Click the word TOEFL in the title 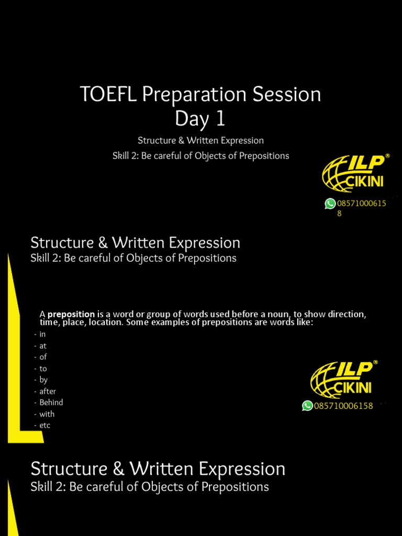click(x=102, y=95)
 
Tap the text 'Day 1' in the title click(x=200, y=119)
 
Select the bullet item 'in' click(x=43, y=334)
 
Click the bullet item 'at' click(x=43, y=345)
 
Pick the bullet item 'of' click(x=43, y=357)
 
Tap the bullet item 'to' click(x=43, y=368)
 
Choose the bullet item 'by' click(x=43, y=380)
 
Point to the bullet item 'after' click(x=48, y=392)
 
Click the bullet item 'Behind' click(x=51, y=403)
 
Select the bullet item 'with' click(x=47, y=414)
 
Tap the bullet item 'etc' click(x=45, y=426)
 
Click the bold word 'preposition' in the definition click(x=71, y=314)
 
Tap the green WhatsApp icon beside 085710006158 click(x=307, y=406)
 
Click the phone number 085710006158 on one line click(x=343, y=406)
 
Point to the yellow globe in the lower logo click(x=324, y=379)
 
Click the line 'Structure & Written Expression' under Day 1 click(x=200, y=140)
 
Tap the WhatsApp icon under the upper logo click(x=330, y=204)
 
